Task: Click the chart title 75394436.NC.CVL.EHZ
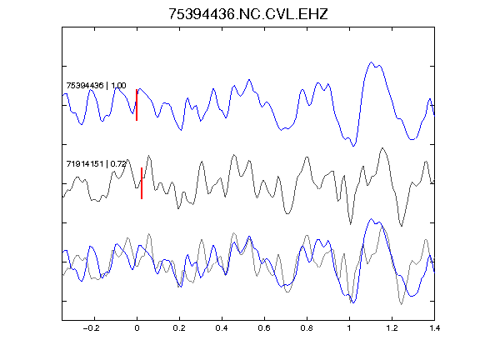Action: tap(248, 14)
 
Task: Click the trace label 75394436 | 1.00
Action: tap(96, 85)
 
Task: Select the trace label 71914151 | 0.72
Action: tap(96, 164)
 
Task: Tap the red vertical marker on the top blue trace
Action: tap(137, 105)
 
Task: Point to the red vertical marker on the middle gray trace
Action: tap(142, 183)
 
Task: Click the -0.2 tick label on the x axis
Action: tap(92, 328)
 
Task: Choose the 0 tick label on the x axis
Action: tap(137, 328)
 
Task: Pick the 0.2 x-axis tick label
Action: tap(179, 328)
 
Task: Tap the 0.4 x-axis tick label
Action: tap(222, 328)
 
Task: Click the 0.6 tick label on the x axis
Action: tap(264, 328)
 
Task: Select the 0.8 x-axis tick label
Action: tap(307, 328)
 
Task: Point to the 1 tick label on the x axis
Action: tap(349, 328)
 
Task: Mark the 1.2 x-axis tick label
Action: tap(392, 328)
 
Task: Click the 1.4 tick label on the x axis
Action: tap(434, 328)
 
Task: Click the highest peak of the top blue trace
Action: tap(372, 62)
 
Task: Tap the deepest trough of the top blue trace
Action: tap(353, 146)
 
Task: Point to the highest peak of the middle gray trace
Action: tap(382, 148)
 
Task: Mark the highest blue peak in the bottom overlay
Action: tap(372, 219)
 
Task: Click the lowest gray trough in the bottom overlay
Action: tap(402, 304)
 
